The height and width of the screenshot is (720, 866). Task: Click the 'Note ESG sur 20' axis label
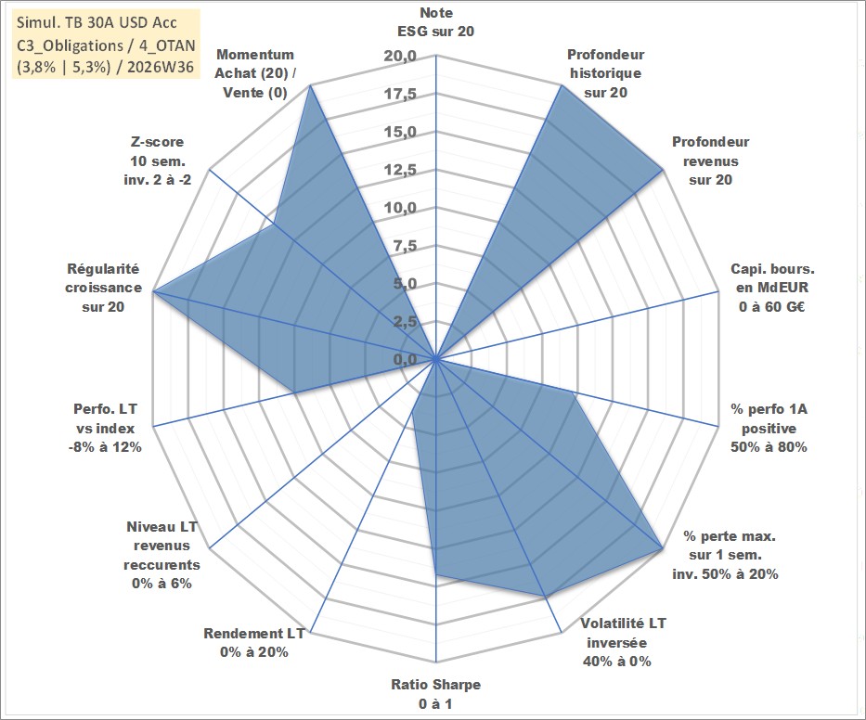click(x=435, y=22)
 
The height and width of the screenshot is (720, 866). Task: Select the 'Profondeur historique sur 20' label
click(x=605, y=73)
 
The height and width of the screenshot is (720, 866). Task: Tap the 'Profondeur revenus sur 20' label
click(x=710, y=161)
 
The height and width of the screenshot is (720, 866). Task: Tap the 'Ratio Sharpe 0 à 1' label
click(x=435, y=694)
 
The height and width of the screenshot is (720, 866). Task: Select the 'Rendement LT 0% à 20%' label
click(x=254, y=643)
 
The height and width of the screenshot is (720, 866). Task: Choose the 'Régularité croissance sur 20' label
click(x=103, y=288)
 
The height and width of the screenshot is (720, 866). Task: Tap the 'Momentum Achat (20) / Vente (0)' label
click(x=255, y=73)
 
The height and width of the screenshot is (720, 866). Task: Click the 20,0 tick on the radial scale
click(x=400, y=56)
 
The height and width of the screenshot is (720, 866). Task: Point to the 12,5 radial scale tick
click(x=400, y=170)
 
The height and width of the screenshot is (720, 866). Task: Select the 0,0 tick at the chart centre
click(x=406, y=359)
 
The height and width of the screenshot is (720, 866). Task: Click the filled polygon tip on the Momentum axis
click(x=311, y=85)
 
